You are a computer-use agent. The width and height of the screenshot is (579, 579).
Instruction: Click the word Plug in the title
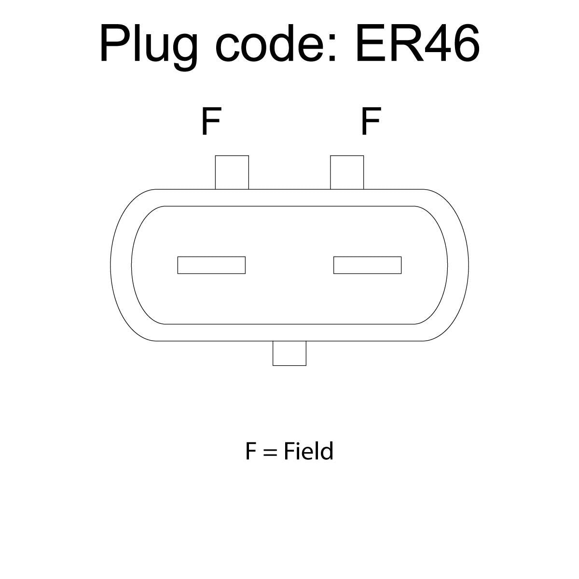pyautogui.click(x=149, y=47)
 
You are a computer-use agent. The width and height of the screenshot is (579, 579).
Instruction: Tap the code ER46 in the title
pyautogui.click(x=418, y=43)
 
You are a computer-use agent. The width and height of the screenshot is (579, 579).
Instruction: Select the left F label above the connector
pyautogui.click(x=211, y=121)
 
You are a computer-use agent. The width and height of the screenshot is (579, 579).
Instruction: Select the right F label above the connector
pyautogui.click(x=371, y=121)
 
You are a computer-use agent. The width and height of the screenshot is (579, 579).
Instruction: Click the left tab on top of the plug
pyautogui.click(x=232, y=172)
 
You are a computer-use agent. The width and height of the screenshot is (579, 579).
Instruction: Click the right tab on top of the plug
pyautogui.click(x=347, y=172)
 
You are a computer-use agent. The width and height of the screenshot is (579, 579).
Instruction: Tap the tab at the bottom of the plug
pyautogui.click(x=289, y=353)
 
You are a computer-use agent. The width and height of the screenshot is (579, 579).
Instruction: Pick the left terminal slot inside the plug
pyautogui.click(x=211, y=265)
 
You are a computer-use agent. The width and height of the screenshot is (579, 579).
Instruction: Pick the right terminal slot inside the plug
pyautogui.click(x=368, y=265)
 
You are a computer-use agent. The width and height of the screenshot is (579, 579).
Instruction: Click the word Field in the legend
pyautogui.click(x=309, y=459)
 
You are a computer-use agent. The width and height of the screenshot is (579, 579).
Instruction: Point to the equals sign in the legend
pyautogui.click(x=270, y=461)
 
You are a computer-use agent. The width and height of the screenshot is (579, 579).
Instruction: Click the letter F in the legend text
pyautogui.click(x=251, y=459)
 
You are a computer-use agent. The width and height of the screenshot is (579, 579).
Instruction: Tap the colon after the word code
pyautogui.click(x=332, y=47)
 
